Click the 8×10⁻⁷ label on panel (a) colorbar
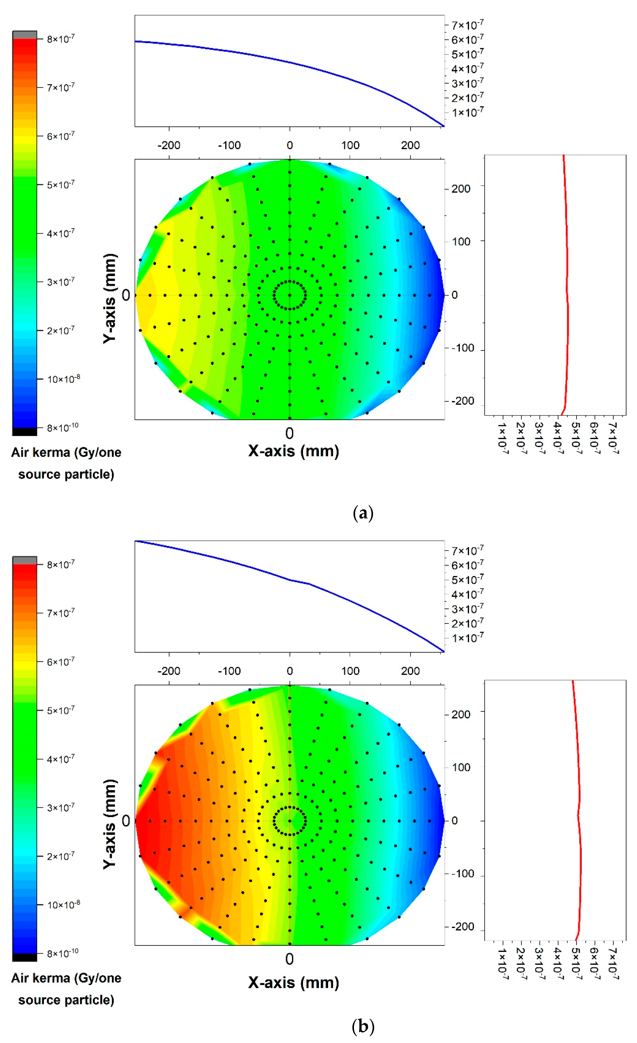[x=60, y=39]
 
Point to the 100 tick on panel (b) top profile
[x=350, y=671]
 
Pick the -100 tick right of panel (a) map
[x=462, y=348]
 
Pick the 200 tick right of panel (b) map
[x=461, y=714]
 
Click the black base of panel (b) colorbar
[x=24, y=957]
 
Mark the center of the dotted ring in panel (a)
[x=290, y=295]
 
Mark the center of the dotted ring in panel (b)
[x=290, y=821]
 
